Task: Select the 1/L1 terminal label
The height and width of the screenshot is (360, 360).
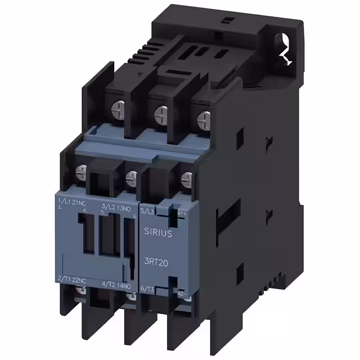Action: click(x=63, y=201)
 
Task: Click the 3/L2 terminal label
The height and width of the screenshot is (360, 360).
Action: click(x=107, y=208)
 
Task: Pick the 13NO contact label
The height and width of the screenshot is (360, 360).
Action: click(x=125, y=208)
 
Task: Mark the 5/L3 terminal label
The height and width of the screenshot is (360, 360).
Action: click(x=148, y=211)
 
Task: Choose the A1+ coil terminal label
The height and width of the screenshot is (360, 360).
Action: click(x=182, y=214)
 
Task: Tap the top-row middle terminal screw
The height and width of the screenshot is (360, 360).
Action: click(x=160, y=111)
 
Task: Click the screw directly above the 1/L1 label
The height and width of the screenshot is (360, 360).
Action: click(x=81, y=170)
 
